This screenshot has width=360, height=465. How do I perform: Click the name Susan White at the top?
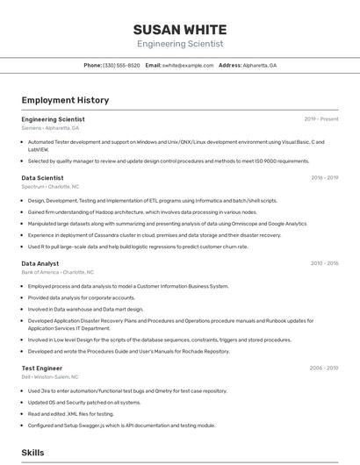(180, 29)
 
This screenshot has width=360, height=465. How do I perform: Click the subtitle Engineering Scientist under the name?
(180, 44)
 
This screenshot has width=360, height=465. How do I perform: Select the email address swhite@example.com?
(188, 65)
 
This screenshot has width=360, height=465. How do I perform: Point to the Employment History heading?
(65, 100)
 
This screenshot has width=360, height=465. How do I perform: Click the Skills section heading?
(32, 453)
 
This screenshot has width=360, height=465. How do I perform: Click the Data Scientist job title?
(42, 178)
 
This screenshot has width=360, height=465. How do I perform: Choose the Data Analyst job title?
(40, 263)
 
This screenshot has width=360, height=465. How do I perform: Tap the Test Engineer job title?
(41, 368)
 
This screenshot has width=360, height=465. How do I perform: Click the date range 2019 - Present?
(321, 118)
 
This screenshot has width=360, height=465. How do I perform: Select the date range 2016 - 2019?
(325, 178)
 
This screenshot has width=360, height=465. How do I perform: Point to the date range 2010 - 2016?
(325, 263)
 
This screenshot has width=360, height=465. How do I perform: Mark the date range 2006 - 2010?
(325, 368)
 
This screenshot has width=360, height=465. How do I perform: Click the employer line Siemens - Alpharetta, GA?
(50, 128)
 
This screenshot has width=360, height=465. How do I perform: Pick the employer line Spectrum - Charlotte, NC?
(50, 187)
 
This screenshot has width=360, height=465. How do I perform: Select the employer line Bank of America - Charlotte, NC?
(57, 272)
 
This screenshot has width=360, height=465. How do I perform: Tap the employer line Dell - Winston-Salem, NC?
(50, 377)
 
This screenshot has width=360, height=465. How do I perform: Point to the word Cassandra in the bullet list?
(117, 235)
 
